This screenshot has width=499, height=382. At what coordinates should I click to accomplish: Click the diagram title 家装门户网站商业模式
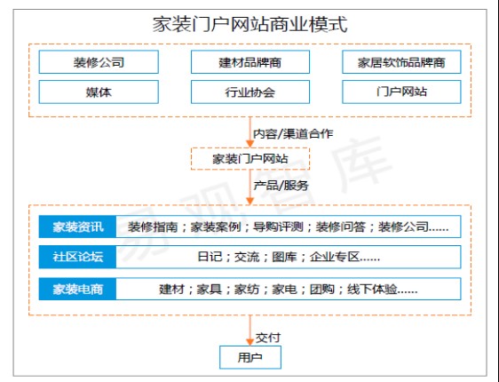(x=249, y=24)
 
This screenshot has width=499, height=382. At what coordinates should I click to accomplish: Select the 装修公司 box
(x=99, y=62)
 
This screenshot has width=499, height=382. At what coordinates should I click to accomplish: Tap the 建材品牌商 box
(x=250, y=62)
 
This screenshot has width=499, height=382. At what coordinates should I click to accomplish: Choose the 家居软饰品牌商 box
(x=401, y=62)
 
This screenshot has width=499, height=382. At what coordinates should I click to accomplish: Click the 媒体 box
(x=99, y=92)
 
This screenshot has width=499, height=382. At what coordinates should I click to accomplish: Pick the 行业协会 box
(x=250, y=92)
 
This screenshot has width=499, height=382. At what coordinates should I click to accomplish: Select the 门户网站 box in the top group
(x=401, y=92)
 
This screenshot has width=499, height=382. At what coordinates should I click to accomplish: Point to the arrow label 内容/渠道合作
(x=293, y=133)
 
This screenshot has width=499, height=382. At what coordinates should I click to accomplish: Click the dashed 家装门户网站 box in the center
(x=250, y=158)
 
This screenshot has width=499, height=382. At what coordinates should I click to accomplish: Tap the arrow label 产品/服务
(x=281, y=186)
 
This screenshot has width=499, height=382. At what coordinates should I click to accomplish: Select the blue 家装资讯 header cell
(x=77, y=227)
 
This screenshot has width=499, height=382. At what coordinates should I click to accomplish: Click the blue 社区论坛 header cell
(x=77, y=257)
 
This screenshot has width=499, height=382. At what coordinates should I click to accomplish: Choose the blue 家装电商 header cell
(x=77, y=289)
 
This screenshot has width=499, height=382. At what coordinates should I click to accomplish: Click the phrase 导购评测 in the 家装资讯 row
(x=278, y=227)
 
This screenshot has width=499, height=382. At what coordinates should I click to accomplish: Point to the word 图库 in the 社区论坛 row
(x=284, y=257)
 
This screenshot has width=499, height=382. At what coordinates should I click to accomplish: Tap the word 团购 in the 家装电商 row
(x=322, y=289)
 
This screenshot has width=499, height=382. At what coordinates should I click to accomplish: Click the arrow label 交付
(x=268, y=338)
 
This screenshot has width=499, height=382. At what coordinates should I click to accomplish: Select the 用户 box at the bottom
(x=250, y=357)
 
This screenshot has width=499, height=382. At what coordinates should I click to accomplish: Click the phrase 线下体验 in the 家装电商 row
(x=372, y=289)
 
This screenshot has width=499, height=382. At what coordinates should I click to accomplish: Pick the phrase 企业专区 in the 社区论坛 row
(x=335, y=257)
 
